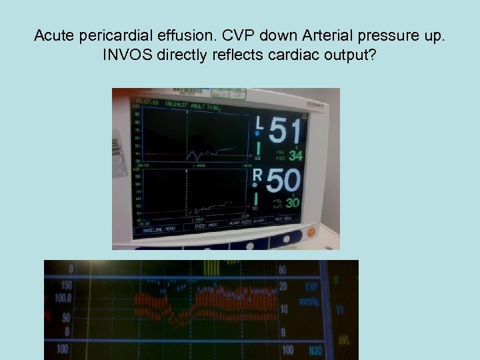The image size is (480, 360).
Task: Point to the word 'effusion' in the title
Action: tap(177, 35)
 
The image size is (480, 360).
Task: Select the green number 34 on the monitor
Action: tap(296, 156)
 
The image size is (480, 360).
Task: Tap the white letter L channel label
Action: tap(260, 122)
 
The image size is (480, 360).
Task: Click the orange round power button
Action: tap(310, 233)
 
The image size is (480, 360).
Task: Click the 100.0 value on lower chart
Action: tap(63, 297)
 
